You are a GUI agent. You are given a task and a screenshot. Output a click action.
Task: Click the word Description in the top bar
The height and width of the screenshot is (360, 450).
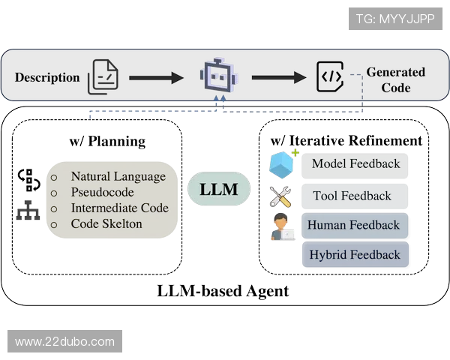47,77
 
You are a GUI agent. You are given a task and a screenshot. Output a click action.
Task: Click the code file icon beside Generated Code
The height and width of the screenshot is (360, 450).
330,76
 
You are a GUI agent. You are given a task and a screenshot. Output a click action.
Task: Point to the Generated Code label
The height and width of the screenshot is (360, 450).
395,79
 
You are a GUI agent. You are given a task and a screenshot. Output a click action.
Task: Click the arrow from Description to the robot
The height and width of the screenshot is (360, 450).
156,77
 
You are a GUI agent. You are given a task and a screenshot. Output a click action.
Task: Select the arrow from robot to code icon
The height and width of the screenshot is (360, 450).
278,76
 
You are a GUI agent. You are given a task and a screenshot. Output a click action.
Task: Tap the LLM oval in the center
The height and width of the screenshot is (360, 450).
218,189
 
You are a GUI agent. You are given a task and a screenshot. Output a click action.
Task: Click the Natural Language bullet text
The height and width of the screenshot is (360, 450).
118,177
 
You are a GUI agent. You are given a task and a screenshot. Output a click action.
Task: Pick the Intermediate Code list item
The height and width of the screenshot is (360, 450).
119,208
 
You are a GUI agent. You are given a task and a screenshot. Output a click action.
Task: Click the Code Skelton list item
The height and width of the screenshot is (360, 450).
106,223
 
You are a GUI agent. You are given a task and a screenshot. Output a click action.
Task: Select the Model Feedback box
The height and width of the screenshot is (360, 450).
355,164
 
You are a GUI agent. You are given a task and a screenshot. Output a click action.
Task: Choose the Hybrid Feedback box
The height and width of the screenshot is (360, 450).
355,255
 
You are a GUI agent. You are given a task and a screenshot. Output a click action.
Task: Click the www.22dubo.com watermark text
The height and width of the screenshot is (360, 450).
65,342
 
